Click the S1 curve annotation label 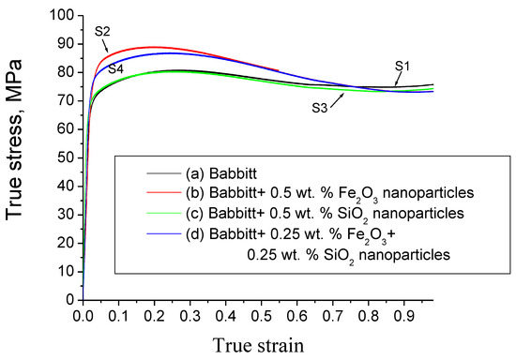(x=403, y=66)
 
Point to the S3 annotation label (x=321, y=108)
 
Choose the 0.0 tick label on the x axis (x=83, y=316)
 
